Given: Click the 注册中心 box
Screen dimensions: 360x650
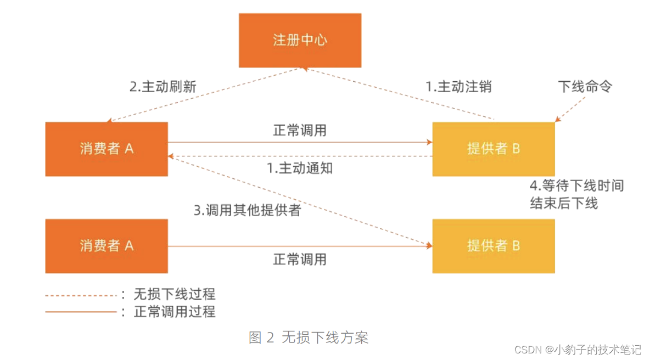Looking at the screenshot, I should tap(300, 40).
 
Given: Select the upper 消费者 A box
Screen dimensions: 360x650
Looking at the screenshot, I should tap(107, 149).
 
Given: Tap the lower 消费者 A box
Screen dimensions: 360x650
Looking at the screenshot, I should tap(107, 245).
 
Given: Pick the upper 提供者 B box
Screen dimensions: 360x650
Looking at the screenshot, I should tap(493, 149).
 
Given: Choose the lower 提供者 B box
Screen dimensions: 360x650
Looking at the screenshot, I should tap(493, 245).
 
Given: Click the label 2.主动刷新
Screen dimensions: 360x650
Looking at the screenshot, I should tap(162, 87).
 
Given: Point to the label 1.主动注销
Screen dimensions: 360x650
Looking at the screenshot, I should tap(458, 87).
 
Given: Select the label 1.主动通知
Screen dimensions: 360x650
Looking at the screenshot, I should tap(300, 168).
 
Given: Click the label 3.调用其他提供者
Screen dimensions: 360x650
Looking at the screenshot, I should tap(248, 210).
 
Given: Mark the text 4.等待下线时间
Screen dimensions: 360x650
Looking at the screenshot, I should tap(576, 186).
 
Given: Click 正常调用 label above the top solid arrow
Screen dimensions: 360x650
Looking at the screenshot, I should tap(300, 131).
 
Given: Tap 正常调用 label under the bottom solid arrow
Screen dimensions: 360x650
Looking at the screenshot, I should tap(300, 259).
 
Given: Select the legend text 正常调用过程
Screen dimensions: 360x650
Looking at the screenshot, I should tap(174, 312).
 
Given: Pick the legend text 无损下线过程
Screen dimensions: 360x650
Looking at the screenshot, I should tap(174, 295).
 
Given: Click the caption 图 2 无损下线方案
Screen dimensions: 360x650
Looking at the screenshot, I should tap(309, 337).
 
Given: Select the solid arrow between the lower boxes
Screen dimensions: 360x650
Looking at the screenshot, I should tap(300, 246).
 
